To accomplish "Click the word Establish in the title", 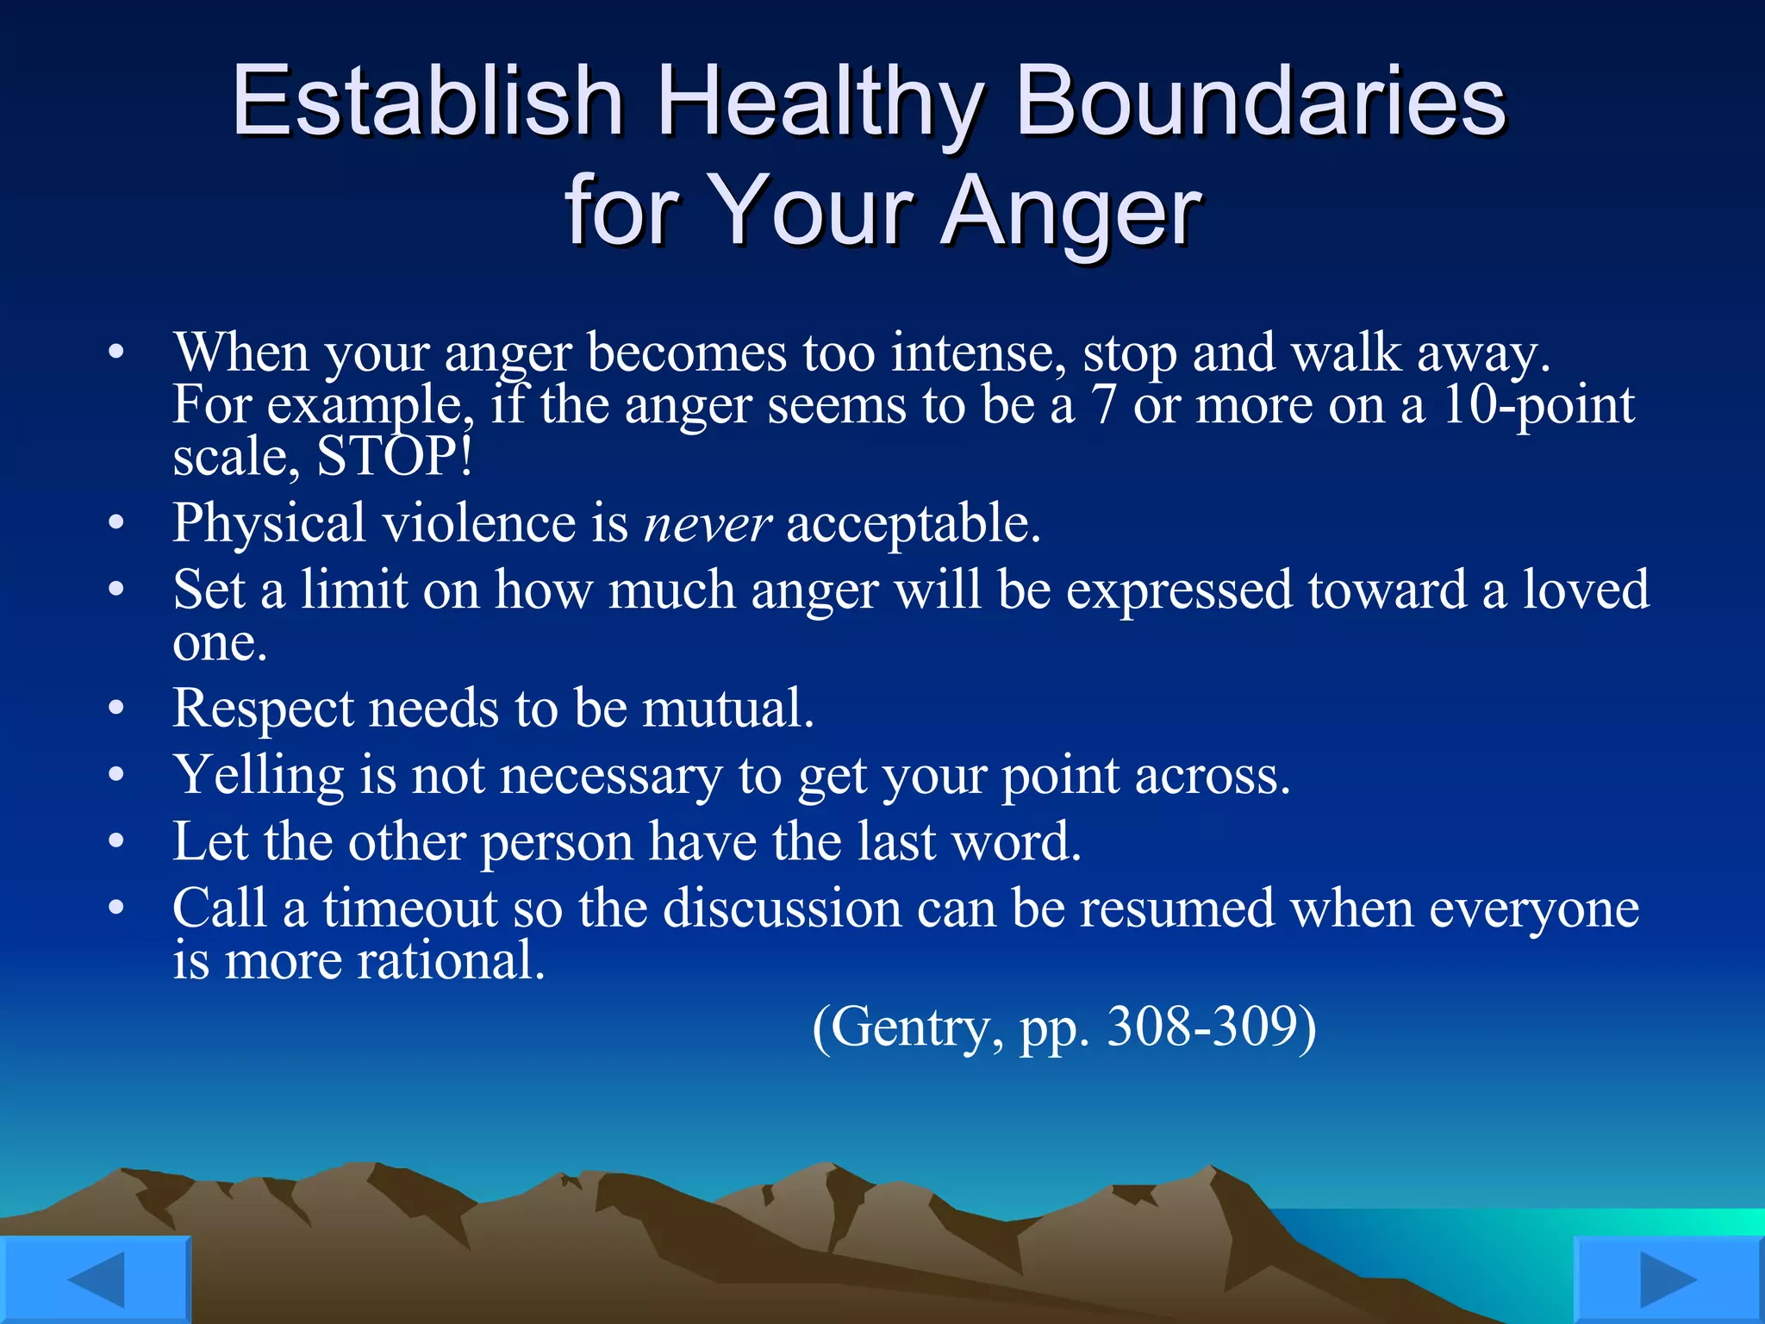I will click(427, 102).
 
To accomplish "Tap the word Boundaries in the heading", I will click(1261, 102).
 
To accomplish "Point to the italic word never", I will click(707, 523).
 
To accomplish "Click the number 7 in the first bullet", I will click(1103, 405).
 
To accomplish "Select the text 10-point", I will click(1537, 405).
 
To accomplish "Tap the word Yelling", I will click(259, 775).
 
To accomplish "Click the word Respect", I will click(263, 709).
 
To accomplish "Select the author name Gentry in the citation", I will click(911, 1027).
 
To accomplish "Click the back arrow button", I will click(95, 1280).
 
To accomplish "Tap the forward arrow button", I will click(1668, 1280).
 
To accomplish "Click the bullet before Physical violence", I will click(116, 523).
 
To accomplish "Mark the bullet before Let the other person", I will click(116, 841).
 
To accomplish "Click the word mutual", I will click(727, 709).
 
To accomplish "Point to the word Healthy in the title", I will click(819, 102).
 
